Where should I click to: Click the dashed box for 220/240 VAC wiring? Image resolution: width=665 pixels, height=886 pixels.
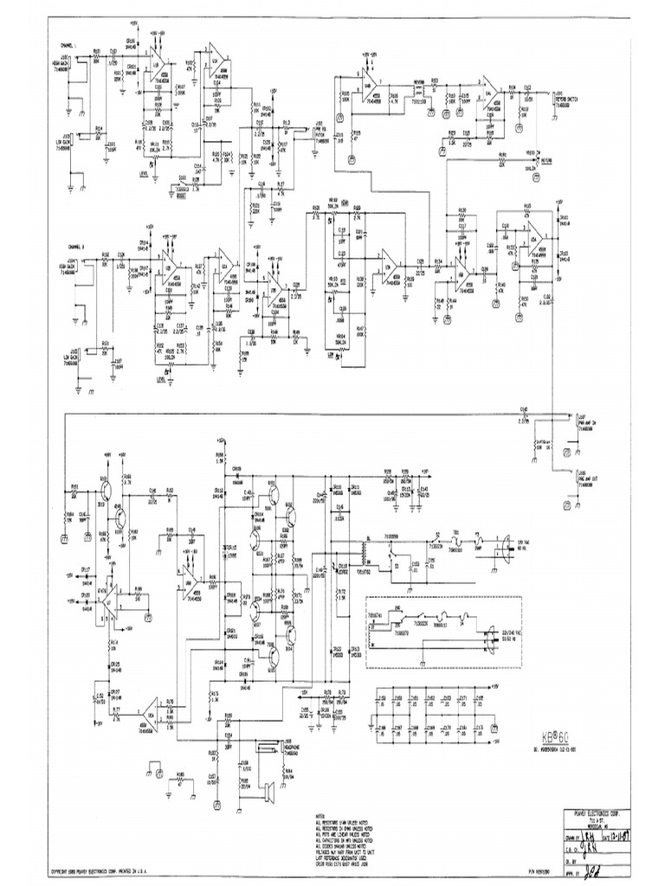pos(443,632)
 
